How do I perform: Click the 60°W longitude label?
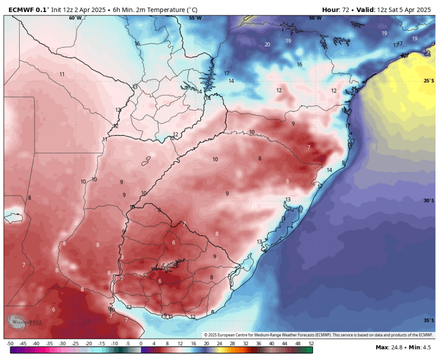(75, 18)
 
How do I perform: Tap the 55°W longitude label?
(195, 18)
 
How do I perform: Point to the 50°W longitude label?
(315, 18)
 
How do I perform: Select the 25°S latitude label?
(429, 81)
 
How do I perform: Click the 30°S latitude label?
(429, 201)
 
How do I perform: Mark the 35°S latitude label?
(429, 321)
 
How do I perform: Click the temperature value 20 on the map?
(267, 45)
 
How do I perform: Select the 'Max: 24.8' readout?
(389, 347)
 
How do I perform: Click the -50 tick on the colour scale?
(10, 344)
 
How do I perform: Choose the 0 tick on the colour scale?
(141, 344)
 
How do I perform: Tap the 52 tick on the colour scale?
(310, 344)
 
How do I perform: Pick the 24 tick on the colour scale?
(219, 344)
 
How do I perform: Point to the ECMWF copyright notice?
(318, 335)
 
